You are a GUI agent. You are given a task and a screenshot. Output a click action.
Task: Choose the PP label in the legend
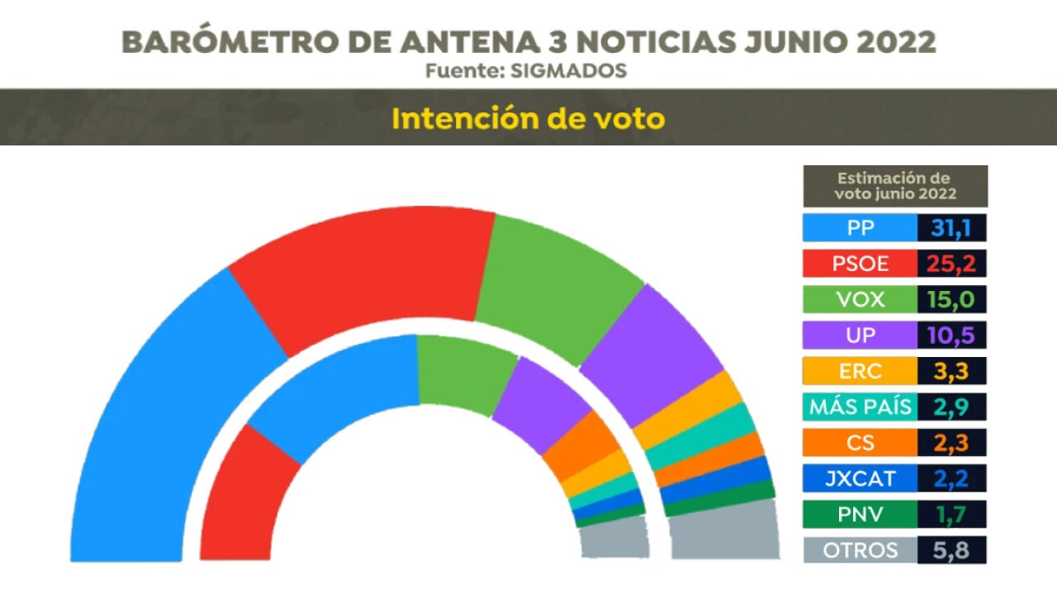tap(860, 227)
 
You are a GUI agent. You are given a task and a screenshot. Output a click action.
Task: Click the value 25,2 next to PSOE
tap(951, 264)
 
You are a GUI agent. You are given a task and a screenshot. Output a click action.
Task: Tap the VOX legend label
tap(860, 299)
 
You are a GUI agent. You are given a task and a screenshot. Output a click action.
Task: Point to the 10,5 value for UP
tap(951, 336)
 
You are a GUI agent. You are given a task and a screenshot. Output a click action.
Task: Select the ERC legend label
tap(860, 371)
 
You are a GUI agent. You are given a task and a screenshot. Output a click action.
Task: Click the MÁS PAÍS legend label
tap(860, 407)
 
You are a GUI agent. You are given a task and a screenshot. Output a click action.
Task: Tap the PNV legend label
tap(860, 514)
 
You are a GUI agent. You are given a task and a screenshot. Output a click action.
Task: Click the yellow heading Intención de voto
tap(528, 118)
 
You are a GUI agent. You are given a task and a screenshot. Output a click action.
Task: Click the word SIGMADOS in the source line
tap(569, 71)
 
